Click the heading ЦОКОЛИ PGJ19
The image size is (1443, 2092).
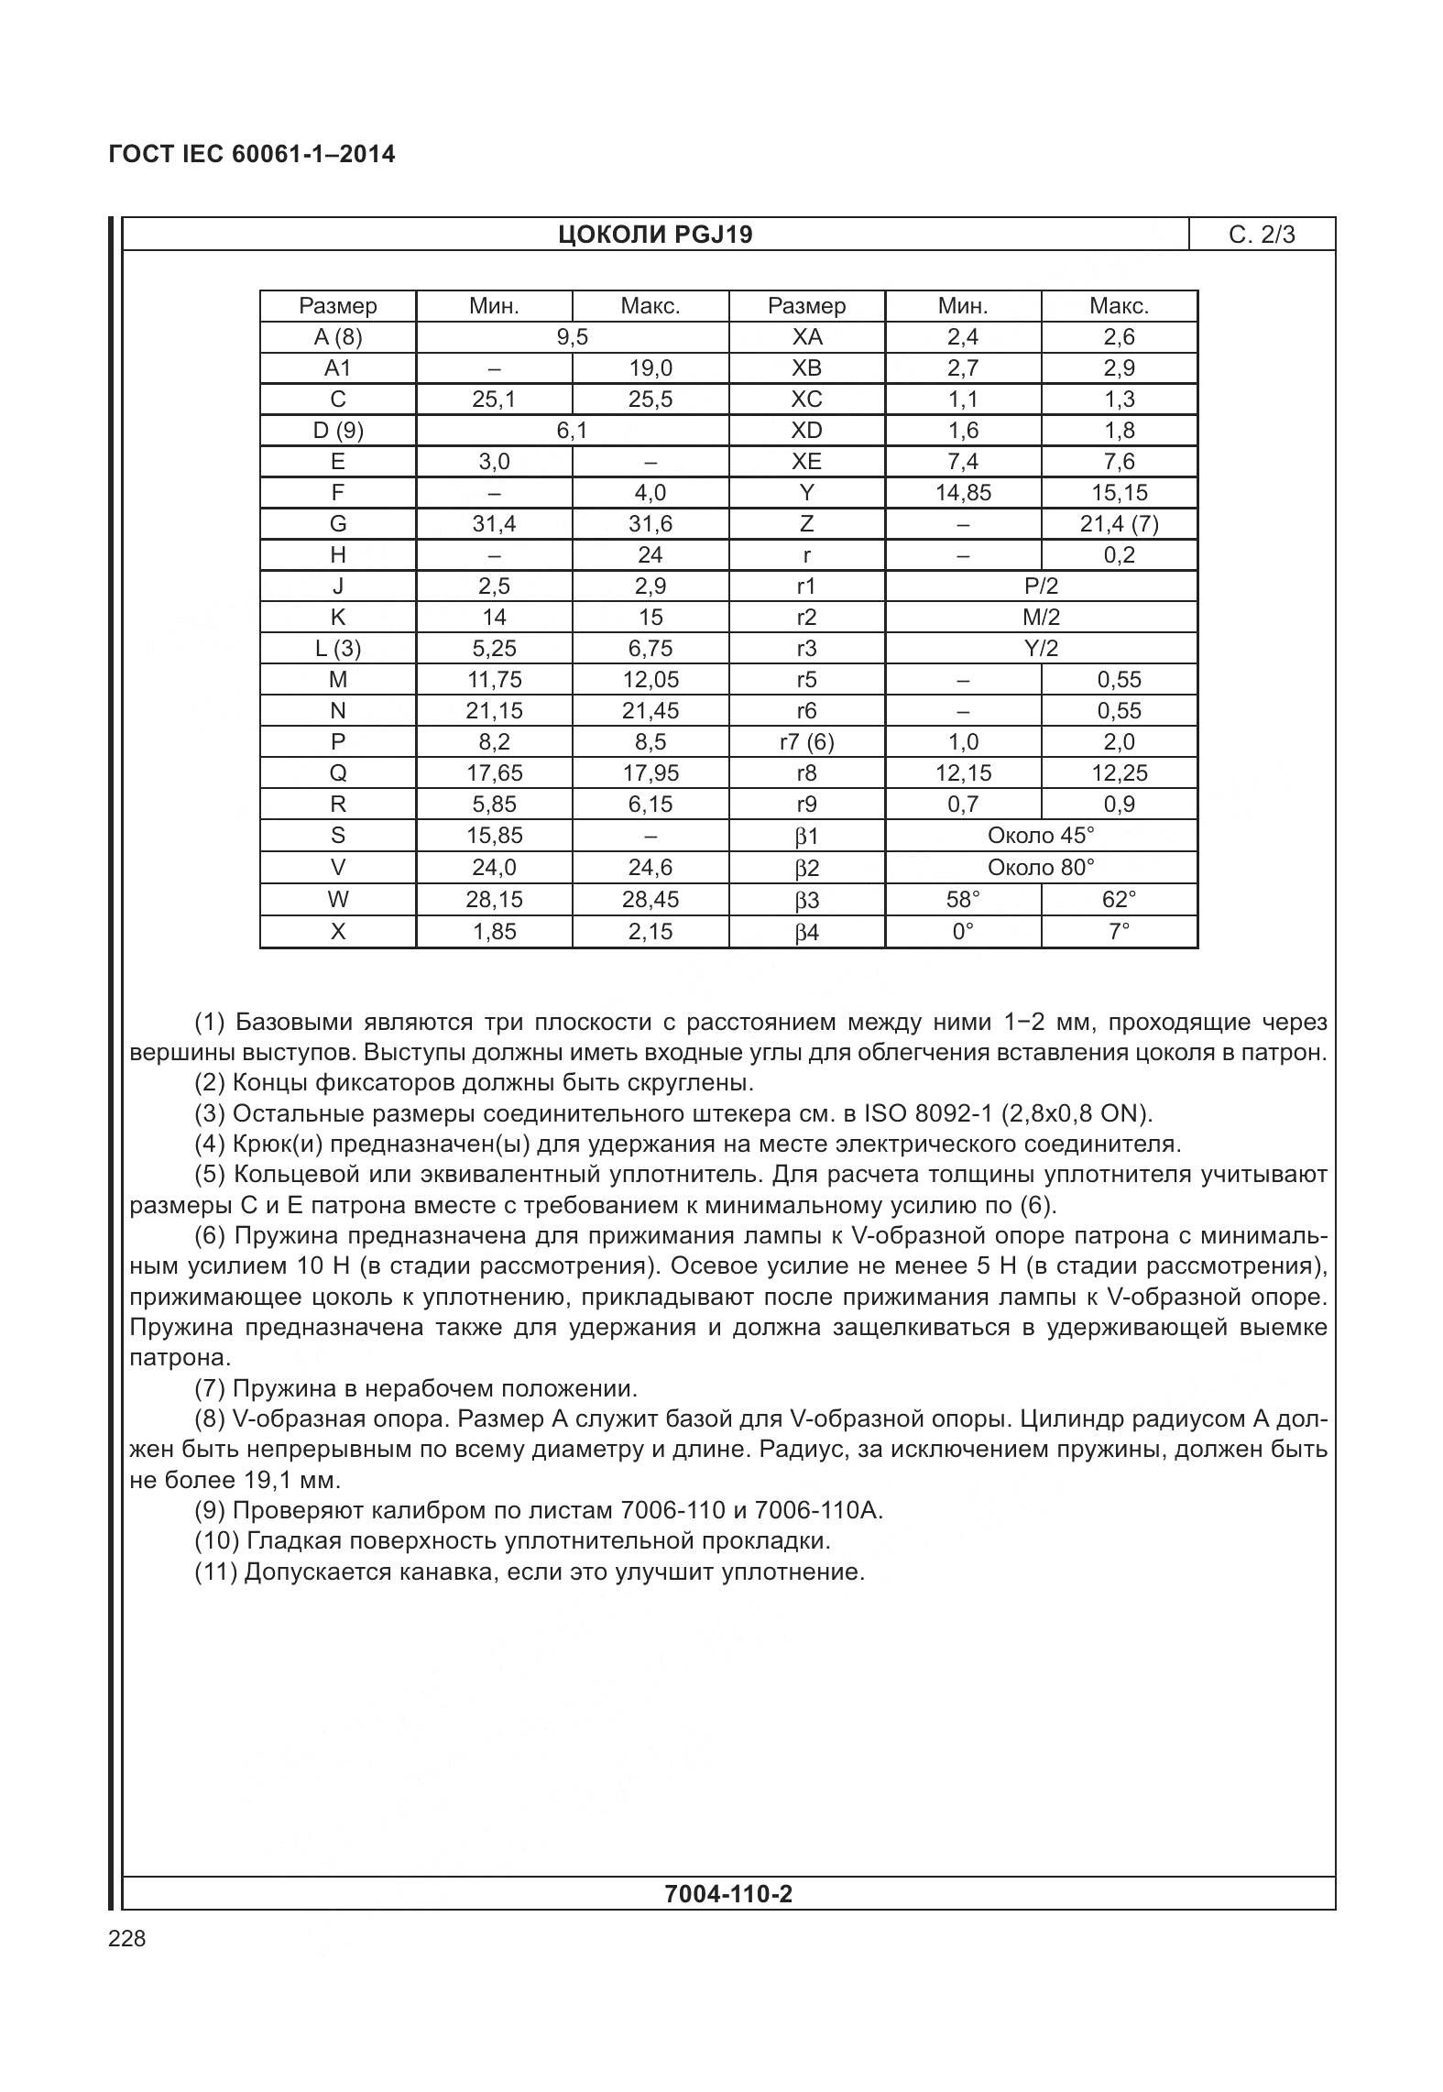click(x=655, y=235)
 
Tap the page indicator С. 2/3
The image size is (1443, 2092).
click(x=1262, y=235)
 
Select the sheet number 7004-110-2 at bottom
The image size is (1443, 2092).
click(x=728, y=1893)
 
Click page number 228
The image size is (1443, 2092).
click(x=126, y=1938)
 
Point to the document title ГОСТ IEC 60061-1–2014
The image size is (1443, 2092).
click(x=252, y=154)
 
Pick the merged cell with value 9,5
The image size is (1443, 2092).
click(x=572, y=337)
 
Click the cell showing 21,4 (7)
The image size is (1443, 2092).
click(x=1119, y=524)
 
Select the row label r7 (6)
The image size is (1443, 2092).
click(x=806, y=742)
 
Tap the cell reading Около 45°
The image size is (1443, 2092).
click(x=1041, y=836)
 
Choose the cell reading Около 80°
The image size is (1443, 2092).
click(x=1041, y=867)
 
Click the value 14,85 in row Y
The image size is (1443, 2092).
click(x=963, y=493)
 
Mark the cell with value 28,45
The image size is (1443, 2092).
click(x=650, y=899)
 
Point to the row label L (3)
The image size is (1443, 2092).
click(x=338, y=649)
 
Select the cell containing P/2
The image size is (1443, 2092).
click(x=1041, y=586)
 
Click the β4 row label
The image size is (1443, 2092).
click(x=806, y=933)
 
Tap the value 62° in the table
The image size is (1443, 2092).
click(x=1119, y=899)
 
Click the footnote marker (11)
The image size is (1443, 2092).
click(x=216, y=1572)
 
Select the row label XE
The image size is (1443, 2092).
click(x=806, y=462)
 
